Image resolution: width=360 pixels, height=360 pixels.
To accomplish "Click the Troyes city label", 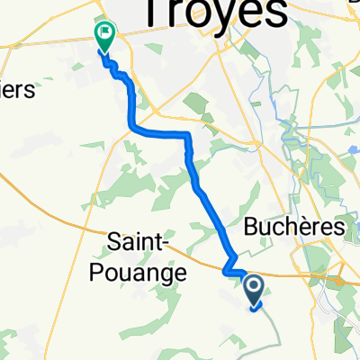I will point(213,13).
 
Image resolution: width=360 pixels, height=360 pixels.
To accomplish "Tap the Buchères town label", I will point(295,228).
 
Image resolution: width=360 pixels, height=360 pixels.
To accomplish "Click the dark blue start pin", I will point(255,290).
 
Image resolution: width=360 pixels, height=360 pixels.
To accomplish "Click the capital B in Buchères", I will point(252,228).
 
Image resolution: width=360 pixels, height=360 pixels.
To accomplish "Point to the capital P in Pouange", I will point(111,271).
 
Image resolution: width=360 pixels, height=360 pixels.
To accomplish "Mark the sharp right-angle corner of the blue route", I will point(187,134).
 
